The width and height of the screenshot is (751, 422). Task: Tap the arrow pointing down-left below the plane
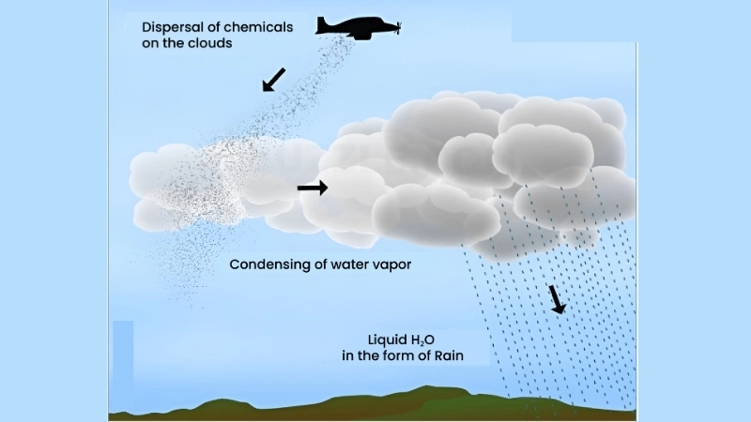pyautogui.click(x=273, y=80)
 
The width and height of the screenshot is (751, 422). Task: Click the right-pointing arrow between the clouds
pyautogui.click(x=313, y=188)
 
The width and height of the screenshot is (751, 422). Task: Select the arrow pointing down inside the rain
pyautogui.click(x=558, y=298)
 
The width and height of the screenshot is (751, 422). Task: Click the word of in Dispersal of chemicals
pyautogui.click(x=207, y=27)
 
